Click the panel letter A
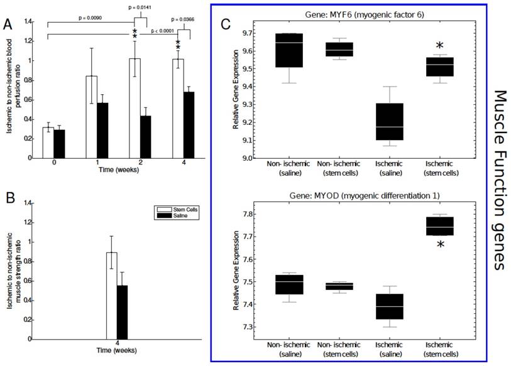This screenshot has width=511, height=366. pyautogui.click(x=8, y=24)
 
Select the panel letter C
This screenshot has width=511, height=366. pyautogui.click(x=227, y=24)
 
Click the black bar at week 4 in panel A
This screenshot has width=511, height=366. pyautogui.click(x=187, y=124)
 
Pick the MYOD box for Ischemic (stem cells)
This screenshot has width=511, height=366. pyautogui.click(x=439, y=226)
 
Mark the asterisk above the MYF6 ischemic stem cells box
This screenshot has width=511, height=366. pyautogui.click(x=440, y=46)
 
